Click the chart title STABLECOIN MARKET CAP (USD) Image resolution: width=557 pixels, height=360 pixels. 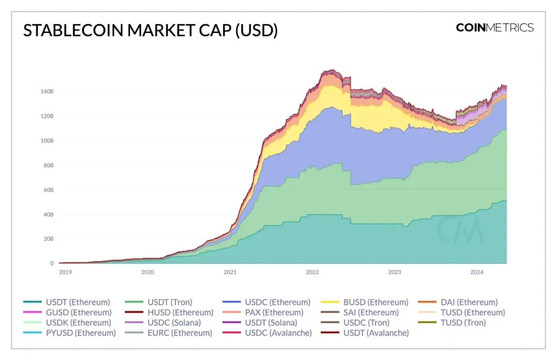tap(151, 31)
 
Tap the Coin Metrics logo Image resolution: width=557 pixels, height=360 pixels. tap(494, 28)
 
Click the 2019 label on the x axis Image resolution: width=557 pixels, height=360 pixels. tap(65, 272)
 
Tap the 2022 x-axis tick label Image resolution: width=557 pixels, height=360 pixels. tap(313, 272)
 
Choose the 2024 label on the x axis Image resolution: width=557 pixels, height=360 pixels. tap(477, 272)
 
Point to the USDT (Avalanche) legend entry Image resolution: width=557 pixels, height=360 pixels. tap(376, 333)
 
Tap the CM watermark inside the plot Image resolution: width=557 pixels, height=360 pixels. tap(460, 230)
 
